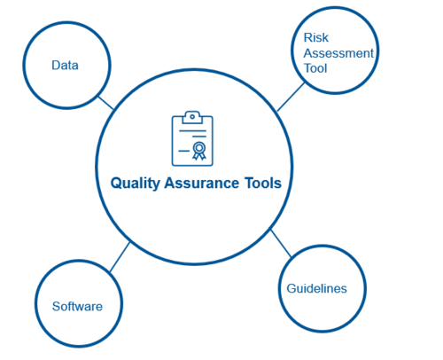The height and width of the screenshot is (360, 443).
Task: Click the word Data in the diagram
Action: [65, 66]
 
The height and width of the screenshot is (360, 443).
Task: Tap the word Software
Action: [77, 306]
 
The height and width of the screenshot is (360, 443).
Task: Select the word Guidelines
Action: [316, 288]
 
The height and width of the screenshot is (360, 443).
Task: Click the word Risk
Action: [316, 37]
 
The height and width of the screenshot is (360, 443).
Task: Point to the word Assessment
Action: [338, 53]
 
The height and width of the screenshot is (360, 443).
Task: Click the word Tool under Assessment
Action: [315, 68]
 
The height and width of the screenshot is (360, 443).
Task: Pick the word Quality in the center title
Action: [135, 184]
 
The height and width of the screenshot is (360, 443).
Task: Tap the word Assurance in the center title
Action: [202, 183]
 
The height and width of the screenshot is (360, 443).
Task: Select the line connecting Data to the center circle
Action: [106, 103]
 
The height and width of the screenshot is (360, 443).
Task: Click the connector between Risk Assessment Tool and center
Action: [291, 97]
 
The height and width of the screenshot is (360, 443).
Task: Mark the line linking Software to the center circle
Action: [120, 257]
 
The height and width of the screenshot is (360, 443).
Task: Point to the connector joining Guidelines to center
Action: [281, 244]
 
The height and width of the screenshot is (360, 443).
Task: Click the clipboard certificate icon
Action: [192, 138]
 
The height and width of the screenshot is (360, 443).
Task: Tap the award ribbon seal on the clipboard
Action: [199, 151]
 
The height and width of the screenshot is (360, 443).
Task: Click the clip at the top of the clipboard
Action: [192, 117]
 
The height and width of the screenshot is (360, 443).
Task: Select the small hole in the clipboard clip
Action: [192, 116]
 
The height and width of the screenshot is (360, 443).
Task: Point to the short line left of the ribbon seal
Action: [184, 151]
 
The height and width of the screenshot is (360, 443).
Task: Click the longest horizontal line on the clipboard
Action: [192, 130]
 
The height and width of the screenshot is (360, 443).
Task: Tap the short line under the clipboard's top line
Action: [199, 137]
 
